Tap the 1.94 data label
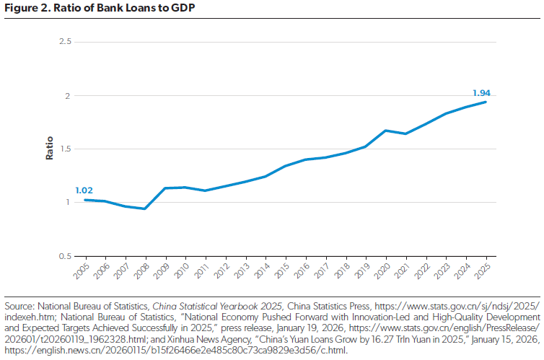(x=481, y=92)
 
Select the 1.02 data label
(x=85, y=190)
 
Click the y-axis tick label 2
(x=68, y=95)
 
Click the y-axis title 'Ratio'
(x=50, y=149)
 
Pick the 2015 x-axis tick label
(x=283, y=271)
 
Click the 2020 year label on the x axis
(x=383, y=271)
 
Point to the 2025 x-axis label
(x=483, y=271)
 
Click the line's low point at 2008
(x=146, y=208)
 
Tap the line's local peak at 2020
(x=386, y=131)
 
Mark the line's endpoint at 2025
(x=486, y=102)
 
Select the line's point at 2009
(x=165, y=188)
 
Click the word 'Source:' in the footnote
(x=19, y=305)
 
